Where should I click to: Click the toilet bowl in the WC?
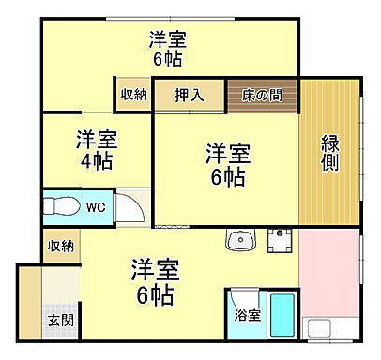[64, 205]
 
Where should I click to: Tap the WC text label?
[96, 206]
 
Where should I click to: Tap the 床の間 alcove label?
[262, 95]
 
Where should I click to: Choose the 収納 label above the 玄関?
[61, 246]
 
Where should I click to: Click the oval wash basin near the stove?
[241, 241]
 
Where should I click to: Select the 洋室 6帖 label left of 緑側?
[227, 164]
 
